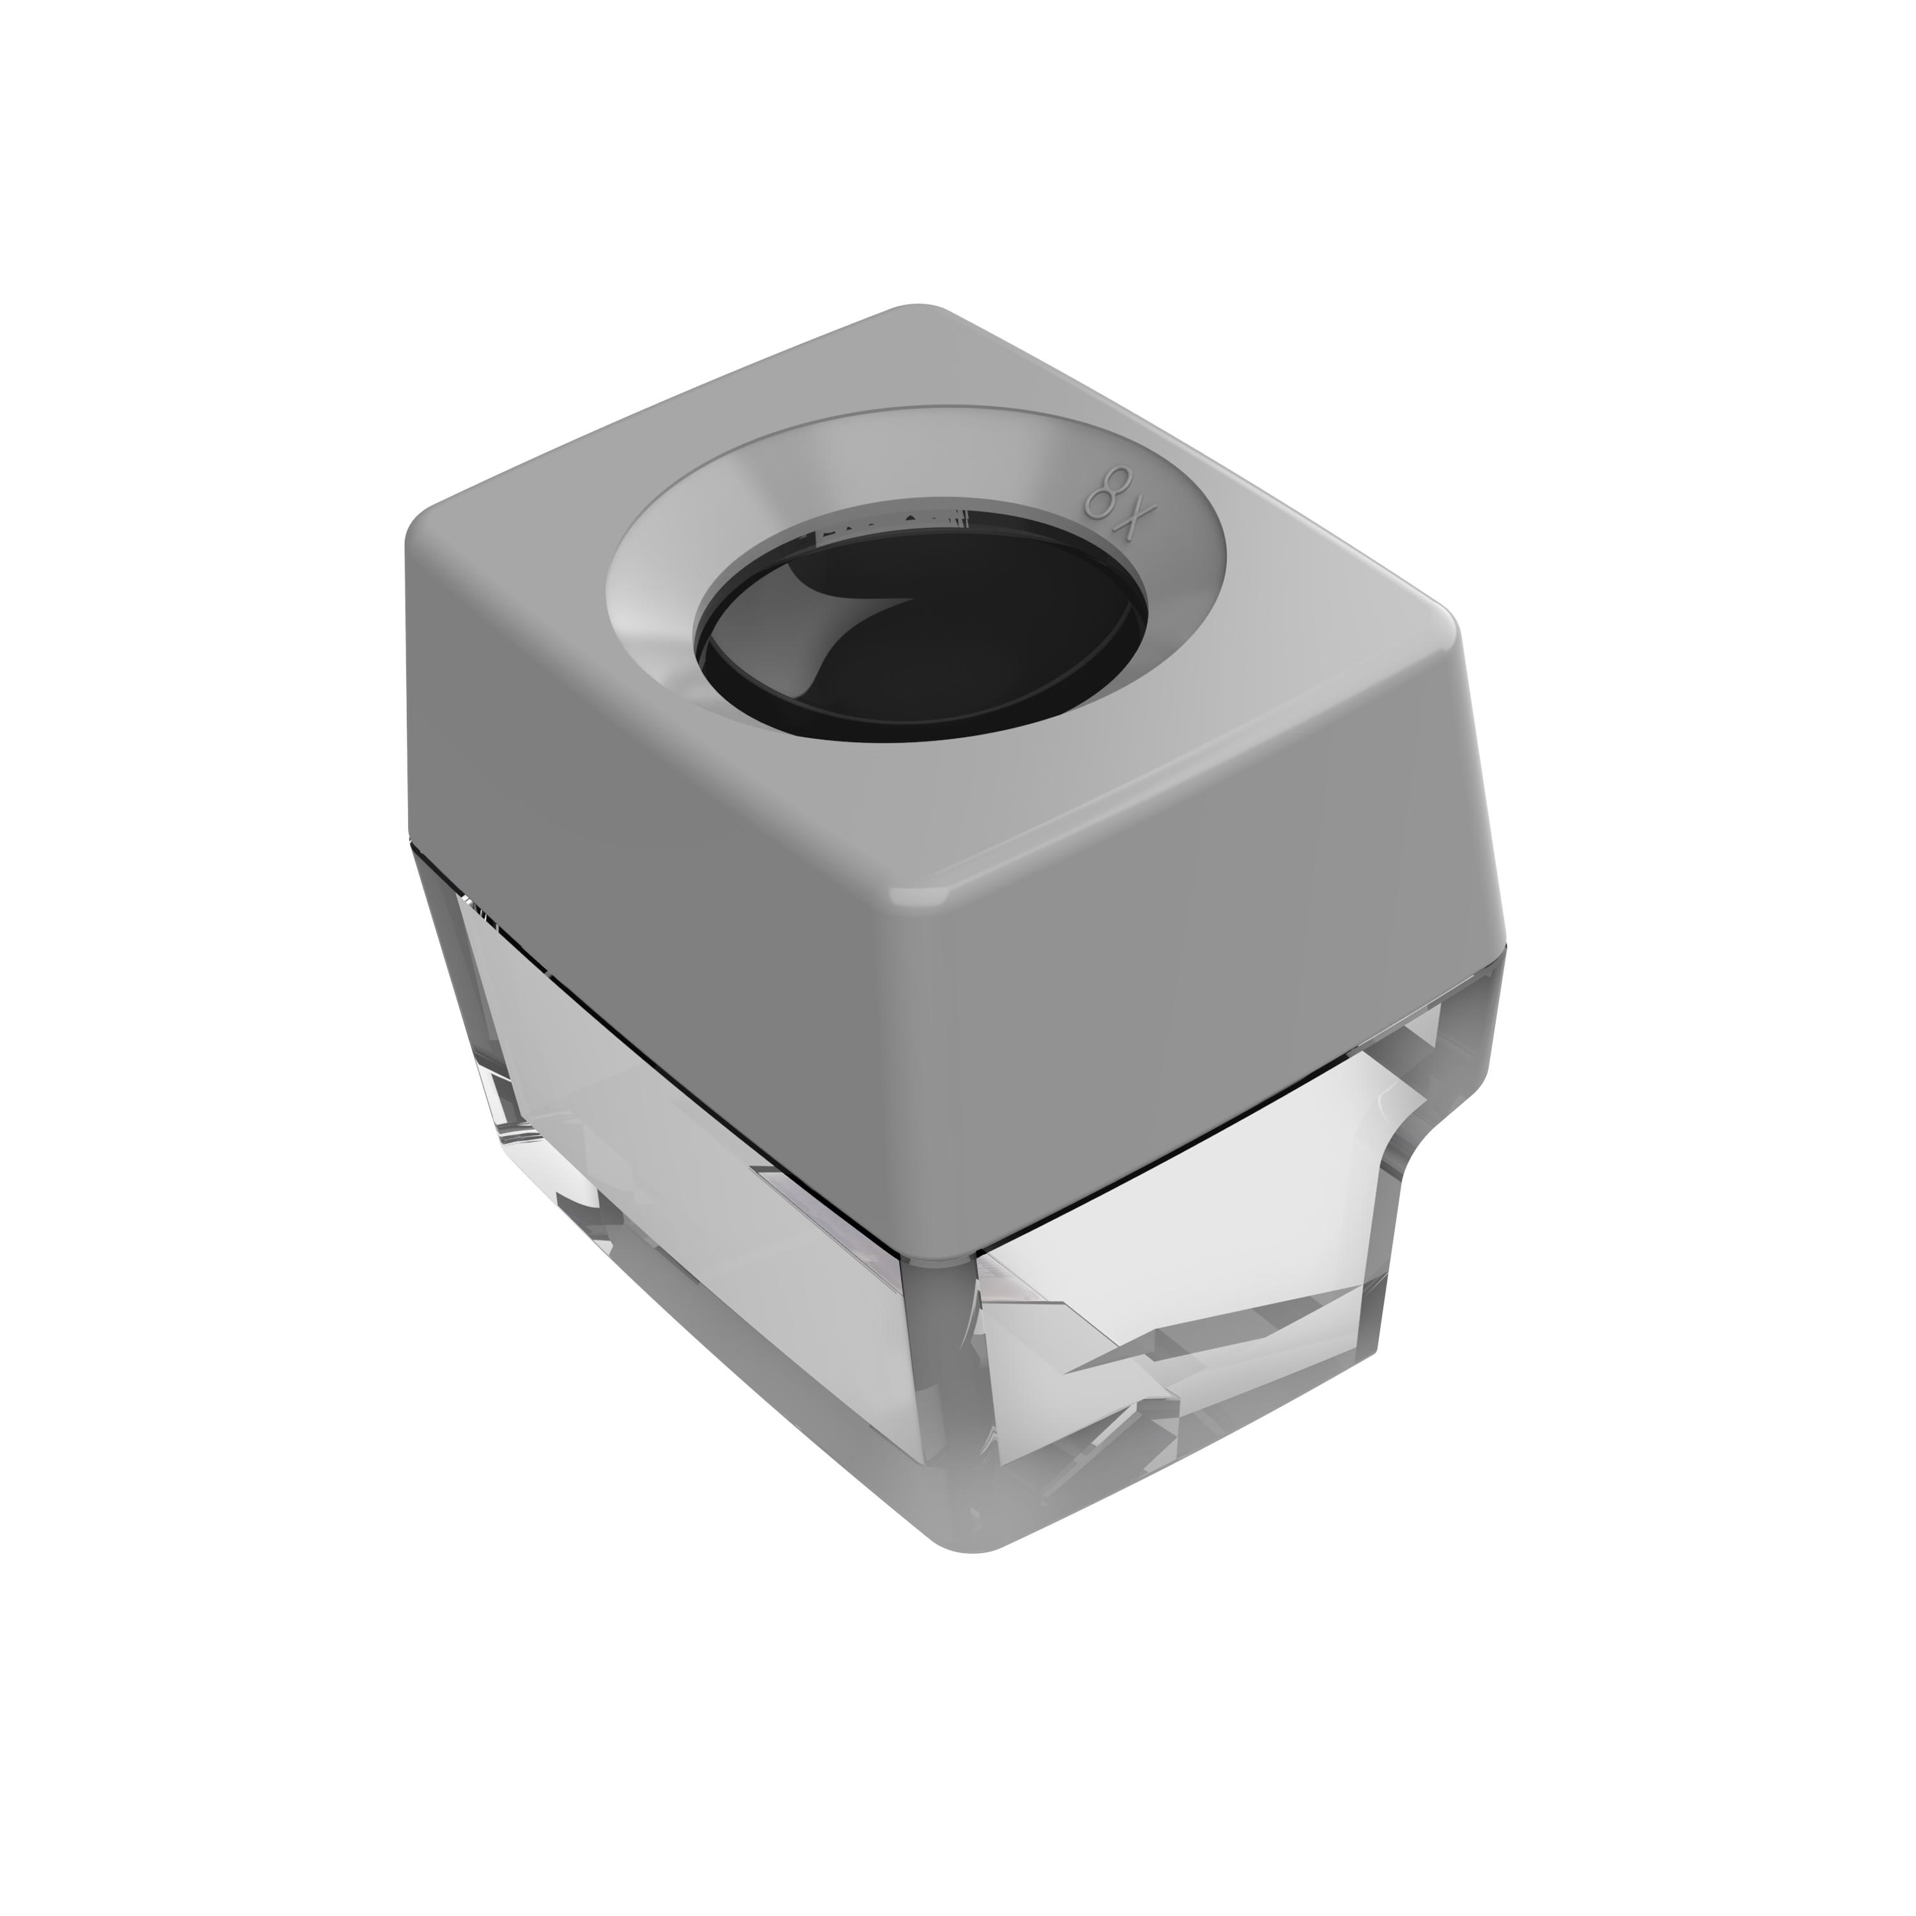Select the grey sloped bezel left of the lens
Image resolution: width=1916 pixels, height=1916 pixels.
[x=655, y=605]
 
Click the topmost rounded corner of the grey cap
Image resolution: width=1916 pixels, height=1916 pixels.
[x=922, y=309]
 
